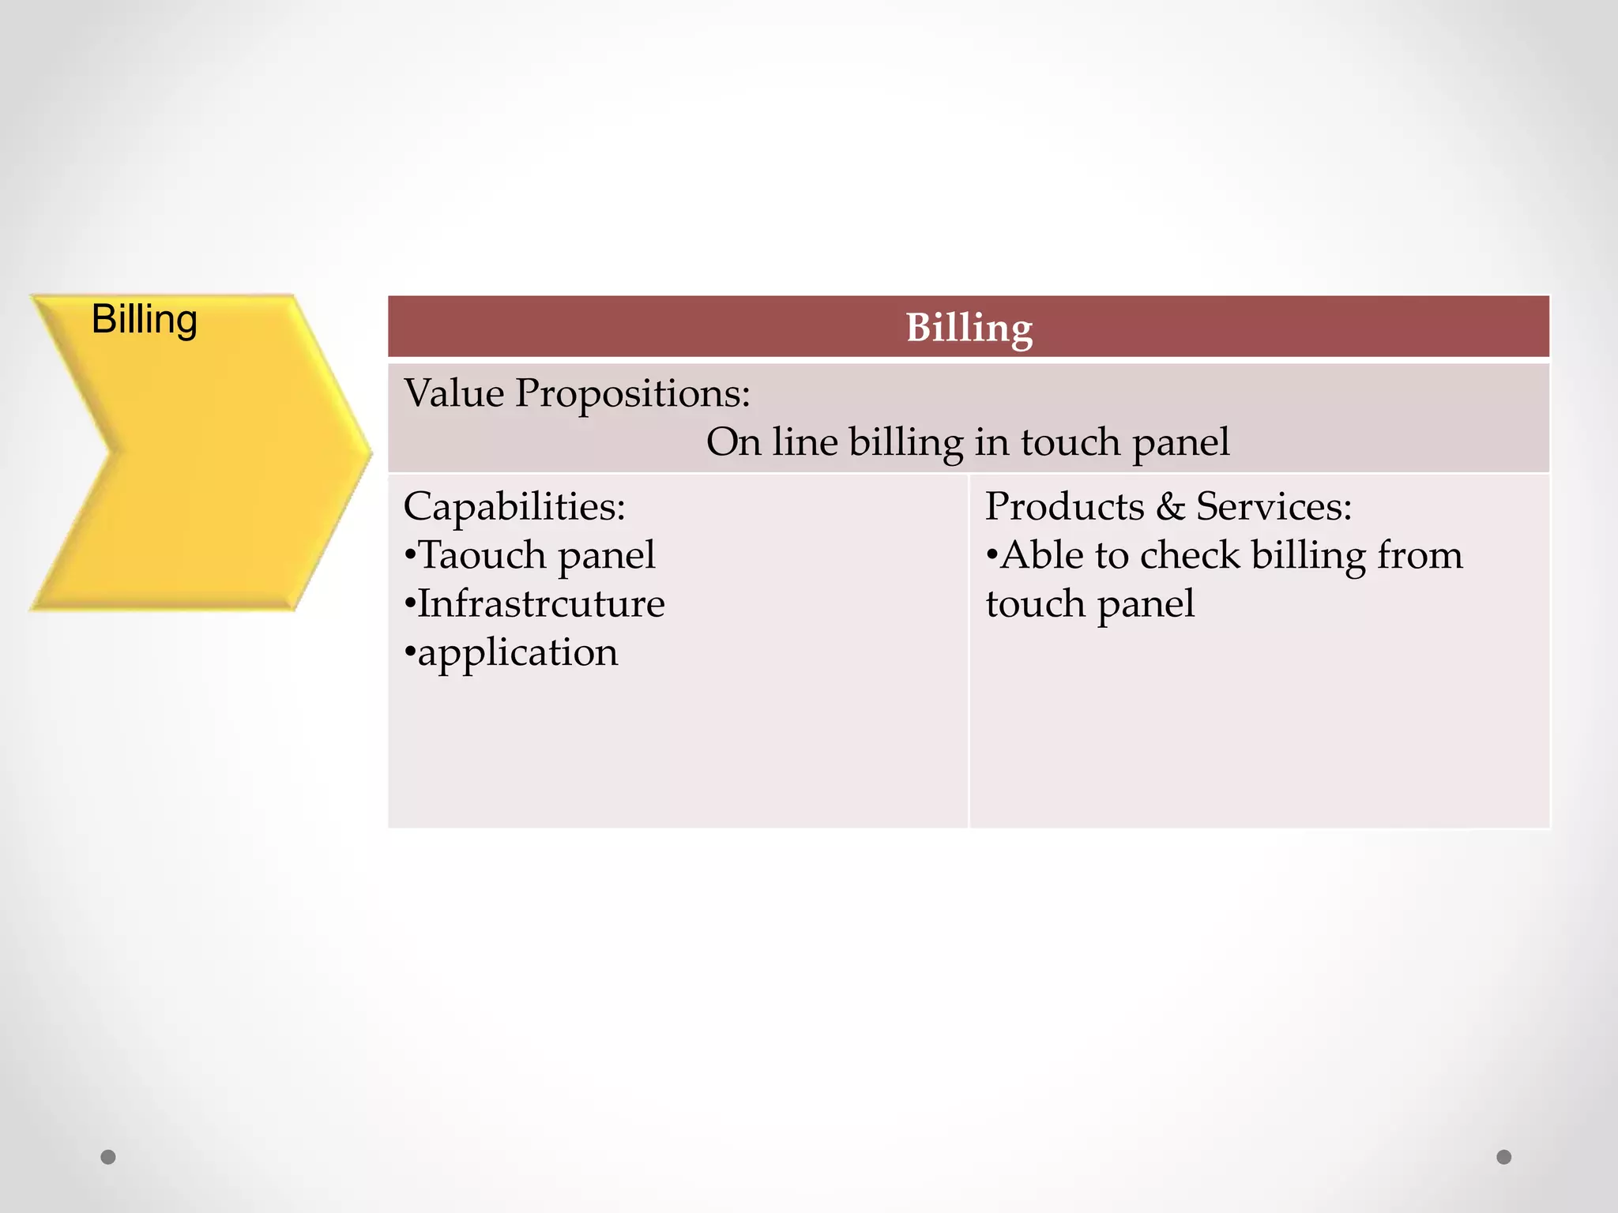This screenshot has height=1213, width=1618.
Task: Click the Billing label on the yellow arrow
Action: tap(144, 320)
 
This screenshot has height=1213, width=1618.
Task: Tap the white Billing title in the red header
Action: tap(969, 328)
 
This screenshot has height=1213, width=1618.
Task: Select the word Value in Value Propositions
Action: tap(454, 392)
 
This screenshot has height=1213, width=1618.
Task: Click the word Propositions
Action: tap(632, 394)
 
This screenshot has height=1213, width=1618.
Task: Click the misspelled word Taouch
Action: tap(481, 554)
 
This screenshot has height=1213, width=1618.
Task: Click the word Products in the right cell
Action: tap(1064, 506)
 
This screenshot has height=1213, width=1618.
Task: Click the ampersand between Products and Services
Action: tap(1170, 507)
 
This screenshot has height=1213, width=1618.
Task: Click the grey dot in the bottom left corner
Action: tap(108, 1157)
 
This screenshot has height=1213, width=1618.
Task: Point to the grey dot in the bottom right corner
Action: tap(1504, 1157)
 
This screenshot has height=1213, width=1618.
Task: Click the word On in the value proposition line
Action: tap(733, 441)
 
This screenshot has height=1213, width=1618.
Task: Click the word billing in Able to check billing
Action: tap(1308, 556)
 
